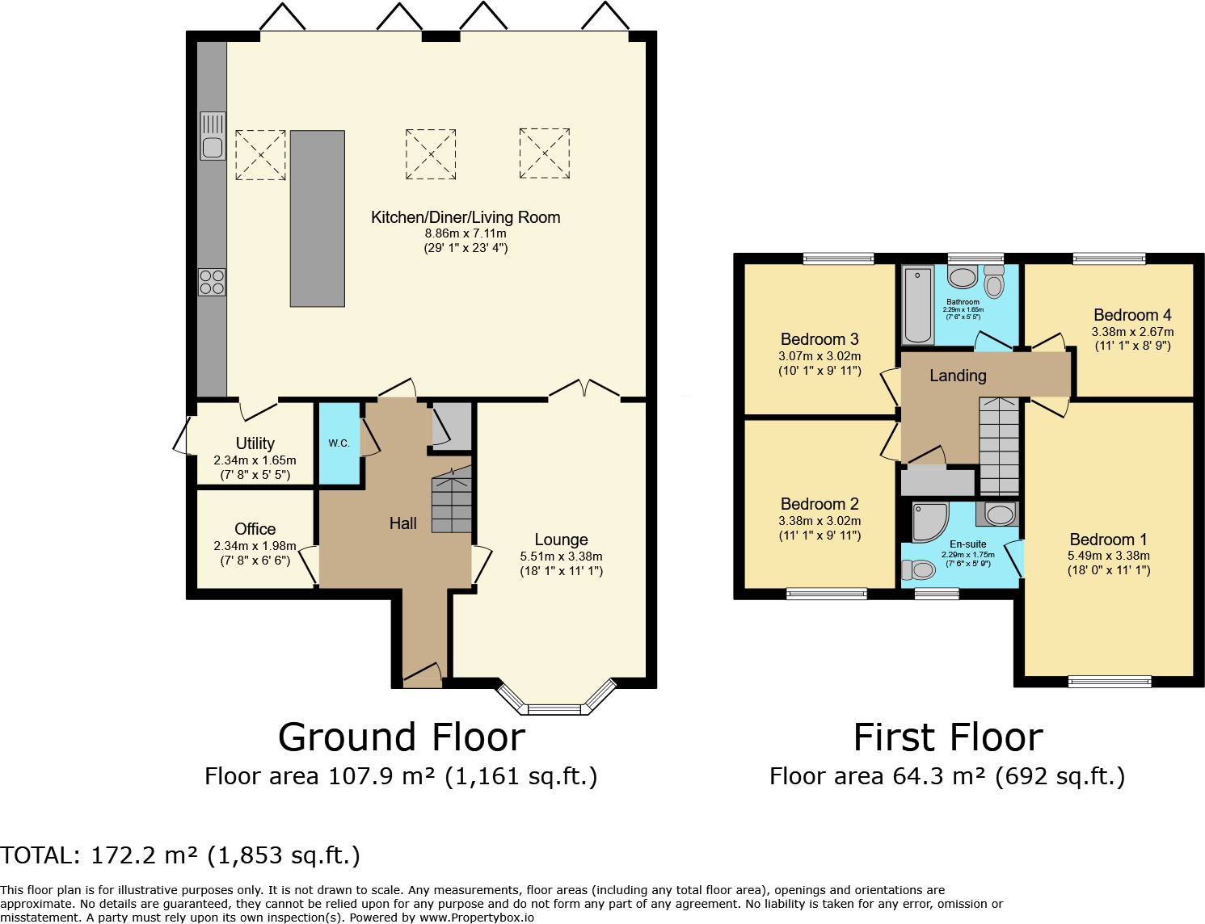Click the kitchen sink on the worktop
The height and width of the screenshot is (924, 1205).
[x=213, y=136]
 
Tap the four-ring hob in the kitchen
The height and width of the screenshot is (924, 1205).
[x=213, y=282]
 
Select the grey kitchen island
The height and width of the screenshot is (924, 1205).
[x=317, y=219]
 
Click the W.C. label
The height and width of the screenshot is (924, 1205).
[x=339, y=443]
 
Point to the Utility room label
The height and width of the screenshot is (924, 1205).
[x=255, y=443]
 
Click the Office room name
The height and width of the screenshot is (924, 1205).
[x=255, y=529]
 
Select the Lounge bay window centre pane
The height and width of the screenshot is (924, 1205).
[x=554, y=710]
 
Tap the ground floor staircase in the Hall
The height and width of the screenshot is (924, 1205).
[x=452, y=500]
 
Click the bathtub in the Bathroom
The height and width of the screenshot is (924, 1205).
[x=919, y=305]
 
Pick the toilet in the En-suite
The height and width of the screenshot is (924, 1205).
[x=918, y=569]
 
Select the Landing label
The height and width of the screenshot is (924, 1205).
[x=958, y=376]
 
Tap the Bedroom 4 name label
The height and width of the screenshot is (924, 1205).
[x=1132, y=315]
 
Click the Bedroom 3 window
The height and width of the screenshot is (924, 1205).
[x=838, y=258]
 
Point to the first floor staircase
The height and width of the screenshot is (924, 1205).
[x=999, y=446]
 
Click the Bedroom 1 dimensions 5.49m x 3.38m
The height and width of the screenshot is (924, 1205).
[x=1109, y=556]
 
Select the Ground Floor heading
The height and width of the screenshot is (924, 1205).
[x=402, y=737]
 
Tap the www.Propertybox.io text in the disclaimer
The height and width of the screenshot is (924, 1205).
[x=476, y=918]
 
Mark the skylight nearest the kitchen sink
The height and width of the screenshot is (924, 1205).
[x=260, y=155]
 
